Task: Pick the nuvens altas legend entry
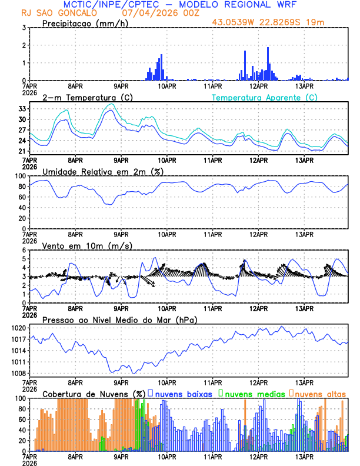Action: click(x=320, y=394)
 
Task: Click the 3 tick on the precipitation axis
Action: click(x=23, y=28)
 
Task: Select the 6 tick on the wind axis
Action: click(x=23, y=250)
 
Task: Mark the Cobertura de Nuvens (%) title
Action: click(x=94, y=394)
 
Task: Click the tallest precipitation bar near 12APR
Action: click(x=268, y=64)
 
